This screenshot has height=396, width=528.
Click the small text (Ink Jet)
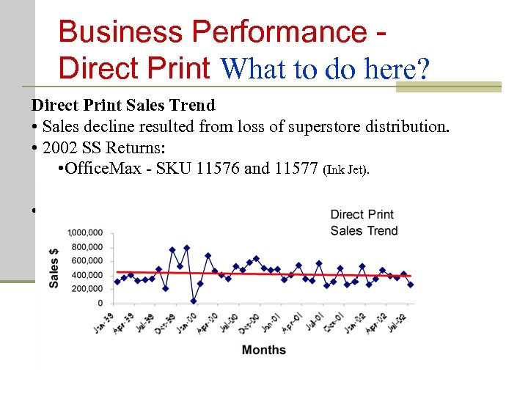tap(347, 170)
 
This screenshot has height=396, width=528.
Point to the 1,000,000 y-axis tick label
tap(85, 233)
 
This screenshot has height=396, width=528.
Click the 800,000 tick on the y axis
tap(87, 247)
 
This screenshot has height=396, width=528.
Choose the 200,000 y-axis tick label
tap(87, 289)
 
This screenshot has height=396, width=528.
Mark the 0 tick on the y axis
tap(100, 303)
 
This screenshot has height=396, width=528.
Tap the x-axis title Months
tap(263, 350)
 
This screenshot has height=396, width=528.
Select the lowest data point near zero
tap(193, 301)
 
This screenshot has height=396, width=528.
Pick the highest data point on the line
tap(186, 248)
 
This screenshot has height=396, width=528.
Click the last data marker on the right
tap(410, 285)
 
